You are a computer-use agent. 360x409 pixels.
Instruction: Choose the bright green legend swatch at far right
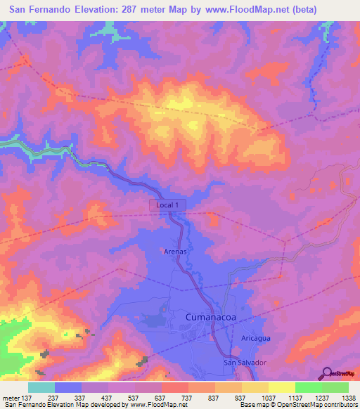[335, 387]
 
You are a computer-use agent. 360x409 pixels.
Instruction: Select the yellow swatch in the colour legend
[282, 387]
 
